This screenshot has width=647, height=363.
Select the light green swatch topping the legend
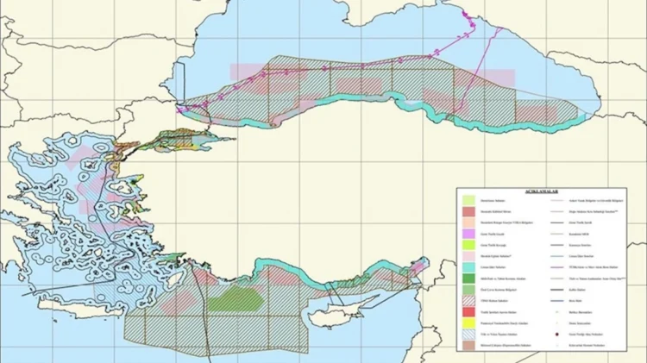(468, 199)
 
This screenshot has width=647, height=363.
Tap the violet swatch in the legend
(468, 233)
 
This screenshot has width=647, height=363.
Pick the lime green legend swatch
(468, 245)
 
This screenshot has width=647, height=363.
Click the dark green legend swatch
(468, 278)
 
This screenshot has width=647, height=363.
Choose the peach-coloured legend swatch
(468, 222)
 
